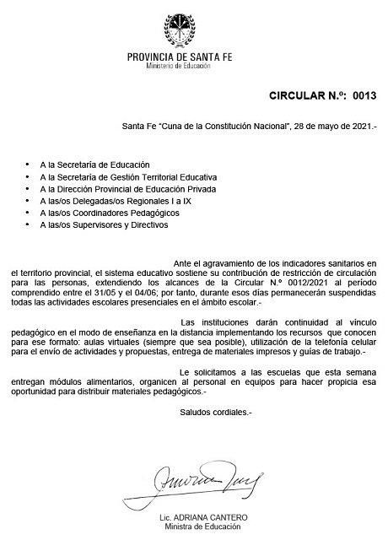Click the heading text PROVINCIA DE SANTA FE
click(182, 56)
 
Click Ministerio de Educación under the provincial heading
click(182, 65)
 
